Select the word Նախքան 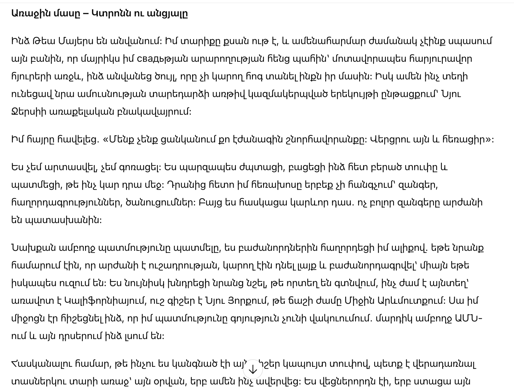[x=33, y=248]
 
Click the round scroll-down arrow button [x=253, y=369]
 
